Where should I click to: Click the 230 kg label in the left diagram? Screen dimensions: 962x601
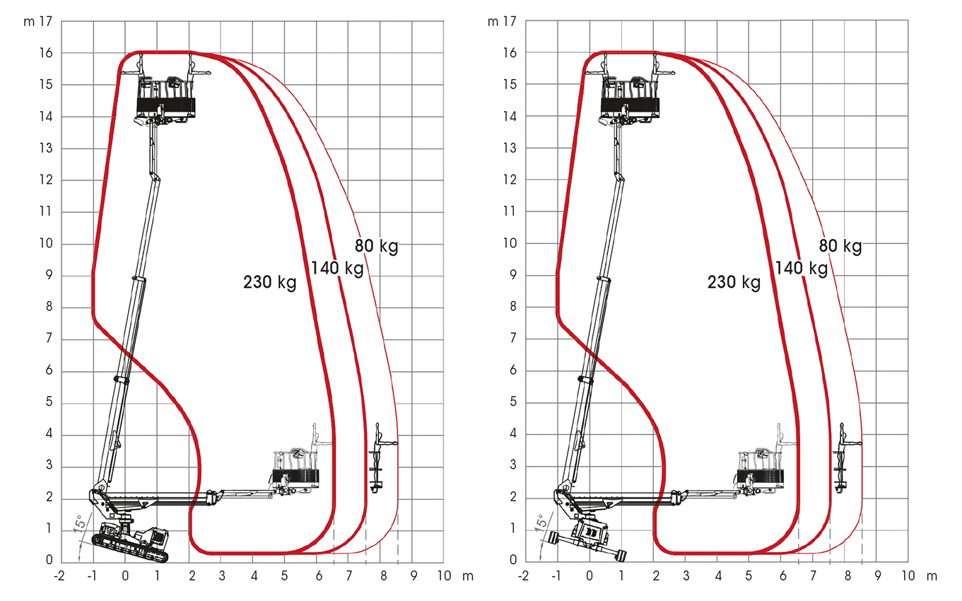point(270,283)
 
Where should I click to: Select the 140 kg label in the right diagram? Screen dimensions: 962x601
point(802,269)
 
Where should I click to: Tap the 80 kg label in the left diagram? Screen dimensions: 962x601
point(377,246)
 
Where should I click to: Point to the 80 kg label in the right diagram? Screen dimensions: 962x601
point(840,246)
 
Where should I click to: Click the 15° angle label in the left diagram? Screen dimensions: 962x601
point(81,524)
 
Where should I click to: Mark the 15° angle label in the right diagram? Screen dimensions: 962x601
point(542,524)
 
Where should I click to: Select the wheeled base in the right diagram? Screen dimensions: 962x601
point(588,540)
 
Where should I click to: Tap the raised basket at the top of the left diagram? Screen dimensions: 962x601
point(166,102)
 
